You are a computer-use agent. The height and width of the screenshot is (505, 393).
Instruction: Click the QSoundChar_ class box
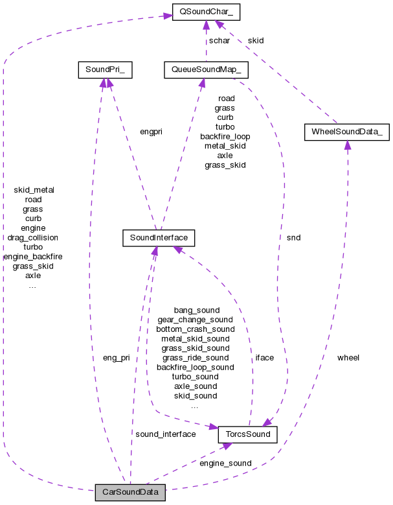(x=205, y=11)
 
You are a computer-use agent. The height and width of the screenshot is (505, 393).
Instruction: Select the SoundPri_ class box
(x=105, y=69)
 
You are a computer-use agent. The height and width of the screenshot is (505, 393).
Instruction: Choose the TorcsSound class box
(x=247, y=433)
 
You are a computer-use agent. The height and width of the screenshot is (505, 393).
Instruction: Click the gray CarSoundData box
(x=129, y=493)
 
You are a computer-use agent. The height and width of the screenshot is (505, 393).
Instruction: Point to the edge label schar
(x=219, y=40)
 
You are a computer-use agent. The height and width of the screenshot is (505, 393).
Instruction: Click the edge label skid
(x=256, y=40)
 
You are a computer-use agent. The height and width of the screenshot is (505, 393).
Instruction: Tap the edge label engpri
(x=151, y=131)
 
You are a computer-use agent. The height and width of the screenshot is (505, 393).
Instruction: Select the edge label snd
(x=293, y=237)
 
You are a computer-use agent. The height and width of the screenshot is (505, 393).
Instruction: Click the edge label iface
(x=264, y=357)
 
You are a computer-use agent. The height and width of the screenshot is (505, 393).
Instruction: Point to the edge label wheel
(x=348, y=357)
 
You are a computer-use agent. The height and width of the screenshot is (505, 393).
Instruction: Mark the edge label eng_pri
(x=117, y=357)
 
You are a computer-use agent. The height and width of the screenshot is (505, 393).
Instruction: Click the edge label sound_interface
(x=165, y=434)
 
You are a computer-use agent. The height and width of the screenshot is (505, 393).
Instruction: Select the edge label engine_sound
(x=225, y=464)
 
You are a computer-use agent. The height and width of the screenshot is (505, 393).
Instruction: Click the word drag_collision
(x=32, y=237)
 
